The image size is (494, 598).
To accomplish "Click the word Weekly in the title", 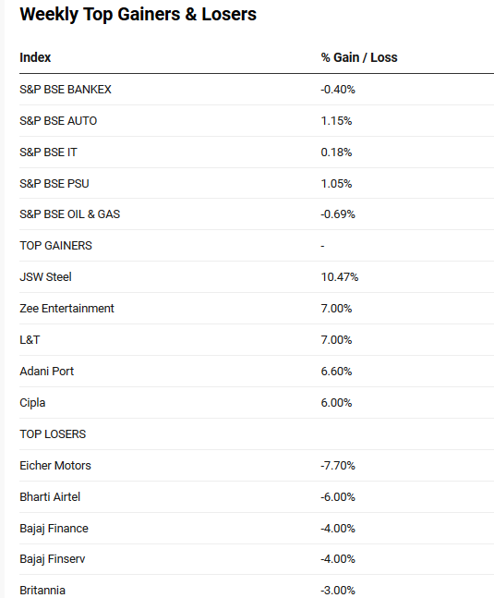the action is pos(49,15).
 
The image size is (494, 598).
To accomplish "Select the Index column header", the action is pos(35,57).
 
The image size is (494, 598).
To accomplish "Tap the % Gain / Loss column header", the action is pos(359,57).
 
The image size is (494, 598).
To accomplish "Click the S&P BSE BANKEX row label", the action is pos(66,90).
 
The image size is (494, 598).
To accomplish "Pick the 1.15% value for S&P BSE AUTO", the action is pos(336,121).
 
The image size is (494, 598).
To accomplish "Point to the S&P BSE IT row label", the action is pos(48,153).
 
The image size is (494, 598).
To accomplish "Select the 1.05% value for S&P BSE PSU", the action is pos(336,184).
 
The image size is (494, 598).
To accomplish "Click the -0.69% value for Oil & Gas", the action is pos(338,214).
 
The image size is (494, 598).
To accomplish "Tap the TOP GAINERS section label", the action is pos(56,246).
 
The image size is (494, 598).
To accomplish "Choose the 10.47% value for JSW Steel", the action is pos(340,277).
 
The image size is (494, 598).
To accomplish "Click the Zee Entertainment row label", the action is pos(67,308).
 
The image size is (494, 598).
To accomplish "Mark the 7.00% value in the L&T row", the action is pos(336,340).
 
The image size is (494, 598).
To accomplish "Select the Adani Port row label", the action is pos(47,371).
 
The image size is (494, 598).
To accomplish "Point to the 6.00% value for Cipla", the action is pos(336,403).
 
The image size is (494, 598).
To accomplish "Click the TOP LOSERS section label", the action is pos(53,434).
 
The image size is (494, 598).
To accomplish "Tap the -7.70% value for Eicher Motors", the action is pos(338,466).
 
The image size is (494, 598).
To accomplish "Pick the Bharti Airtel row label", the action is pos(50,497).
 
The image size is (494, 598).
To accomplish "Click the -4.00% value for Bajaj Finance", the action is pos(338,529).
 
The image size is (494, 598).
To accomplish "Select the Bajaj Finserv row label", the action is pos(53,559).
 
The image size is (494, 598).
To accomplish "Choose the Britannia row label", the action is pos(42,591).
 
